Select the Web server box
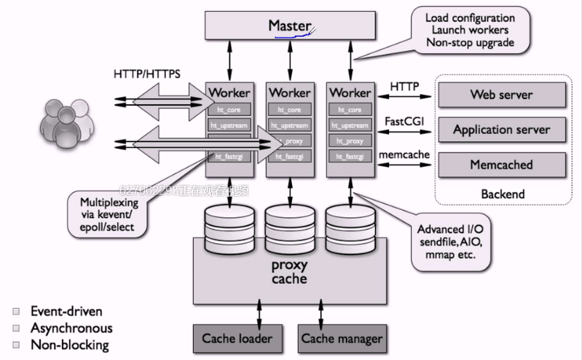[501, 95]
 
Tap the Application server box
[501, 130]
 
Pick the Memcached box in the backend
[501, 165]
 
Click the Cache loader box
[237, 338]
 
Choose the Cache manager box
[342, 338]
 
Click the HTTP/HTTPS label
[147, 74]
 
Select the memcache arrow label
[404, 154]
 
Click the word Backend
[502, 195]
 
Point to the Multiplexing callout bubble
[107, 214]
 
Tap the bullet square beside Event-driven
[15, 311]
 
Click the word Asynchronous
[71, 328]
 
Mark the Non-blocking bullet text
[69, 345]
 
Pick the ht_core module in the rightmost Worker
[350, 110]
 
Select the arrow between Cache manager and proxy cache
[321, 310]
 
